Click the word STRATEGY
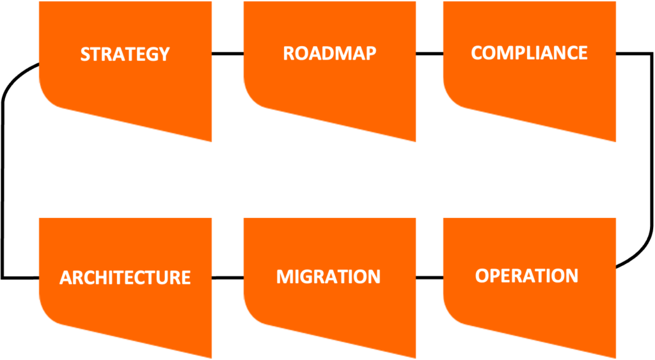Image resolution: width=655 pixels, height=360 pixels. pyautogui.click(x=125, y=54)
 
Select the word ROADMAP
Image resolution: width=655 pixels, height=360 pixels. pyautogui.click(x=329, y=53)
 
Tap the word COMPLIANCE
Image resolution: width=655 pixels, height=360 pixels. pyautogui.click(x=529, y=52)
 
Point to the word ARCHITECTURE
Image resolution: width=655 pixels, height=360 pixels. pyautogui.click(x=125, y=278)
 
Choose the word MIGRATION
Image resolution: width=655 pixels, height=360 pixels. pyautogui.click(x=328, y=277)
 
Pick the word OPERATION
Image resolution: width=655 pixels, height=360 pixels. pyautogui.click(x=526, y=276)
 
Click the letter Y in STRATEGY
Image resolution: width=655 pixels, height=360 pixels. pyautogui.click(x=164, y=54)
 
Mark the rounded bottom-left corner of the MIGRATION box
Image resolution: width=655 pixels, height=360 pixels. pyautogui.click(x=252, y=317)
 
